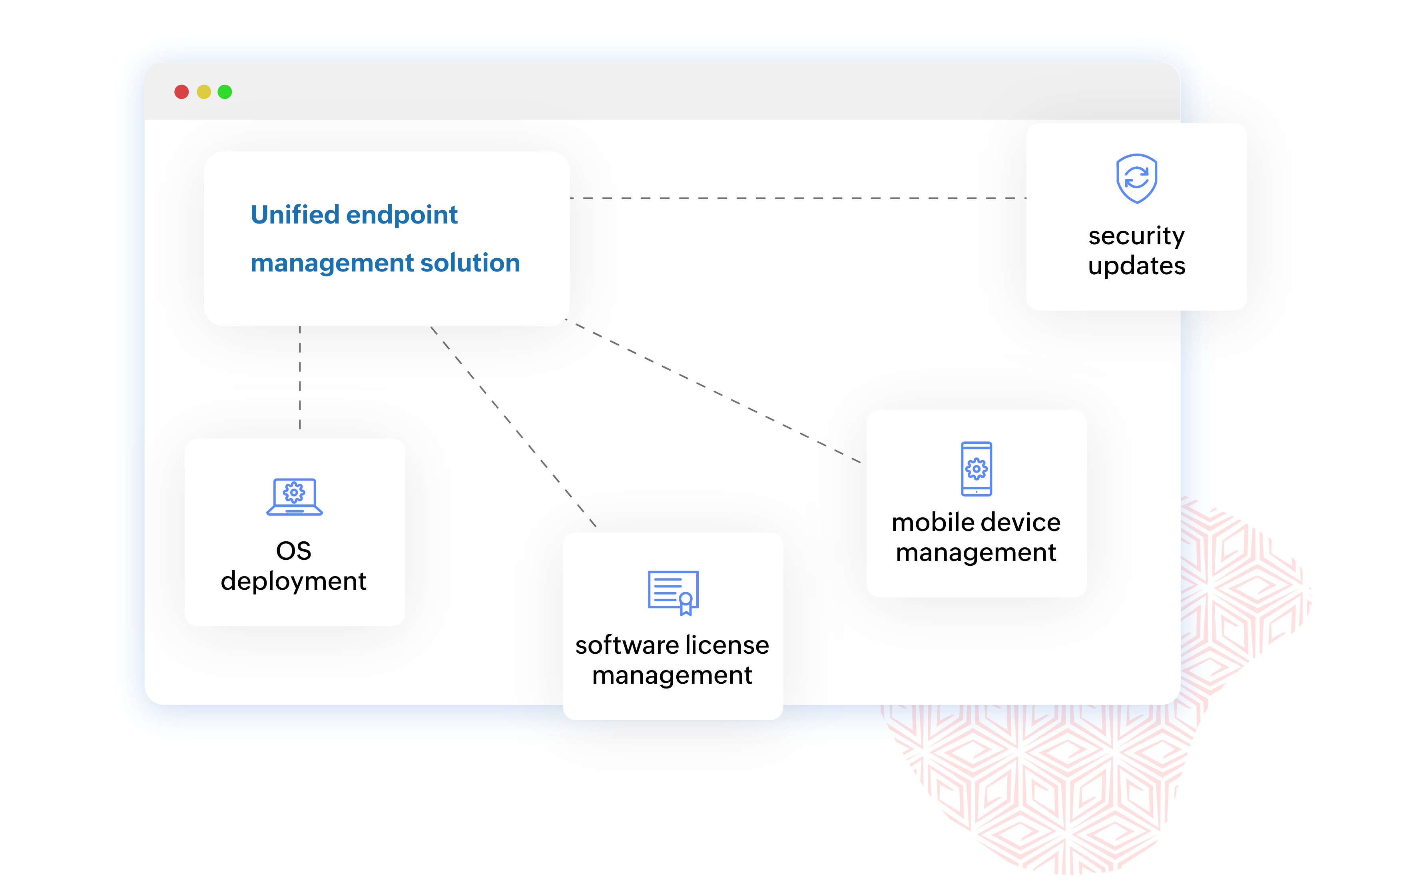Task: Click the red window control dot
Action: (x=181, y=92)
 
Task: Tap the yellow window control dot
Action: (x=203, y=92)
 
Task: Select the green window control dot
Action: (x=225, y=92)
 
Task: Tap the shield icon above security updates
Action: (x=1136, y=179)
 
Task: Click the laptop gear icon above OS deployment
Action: (x=294, y=497)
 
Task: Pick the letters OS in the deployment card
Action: (x=294, y=551)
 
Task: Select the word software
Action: (x=626, y=645)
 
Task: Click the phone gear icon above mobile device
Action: (x=976, y=468)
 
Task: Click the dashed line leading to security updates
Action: (x=796, y=198)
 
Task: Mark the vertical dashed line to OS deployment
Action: (x=300, y=377)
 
